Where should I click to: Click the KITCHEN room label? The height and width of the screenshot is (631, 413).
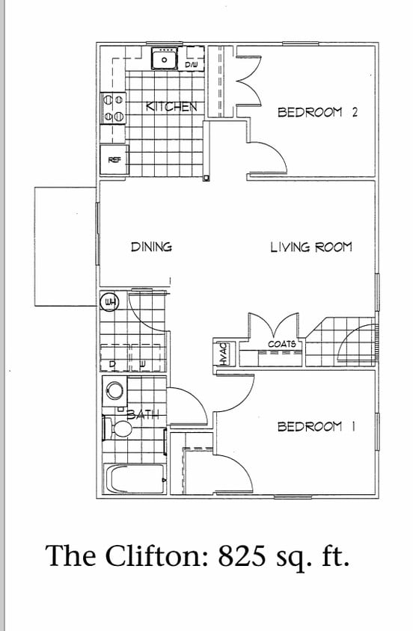[x=171, y=106]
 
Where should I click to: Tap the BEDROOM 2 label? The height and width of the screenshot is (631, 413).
[x=318, y=112]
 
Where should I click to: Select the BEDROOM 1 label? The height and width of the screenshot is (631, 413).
[x=316, y=427]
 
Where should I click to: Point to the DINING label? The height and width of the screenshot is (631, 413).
[x=151, y=246]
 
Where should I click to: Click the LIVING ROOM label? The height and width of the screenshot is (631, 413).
[x=310, y=246]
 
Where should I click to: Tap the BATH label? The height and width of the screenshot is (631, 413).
[x=141, y=413]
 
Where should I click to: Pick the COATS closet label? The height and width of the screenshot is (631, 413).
[x=281, y=344]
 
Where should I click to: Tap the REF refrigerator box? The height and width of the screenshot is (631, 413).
[x=114, y=160]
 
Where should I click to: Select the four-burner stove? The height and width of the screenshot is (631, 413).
[x=113, y=108]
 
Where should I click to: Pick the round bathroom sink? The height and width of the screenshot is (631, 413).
[x=115, y=390]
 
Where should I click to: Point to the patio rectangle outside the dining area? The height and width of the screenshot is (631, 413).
[x=65, y=247]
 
